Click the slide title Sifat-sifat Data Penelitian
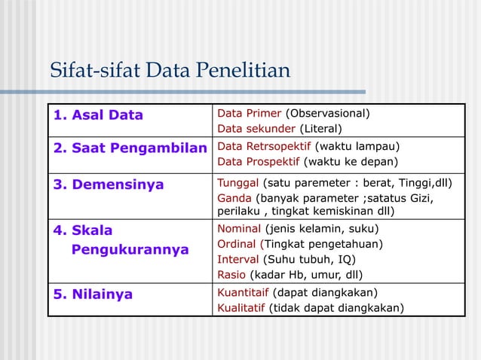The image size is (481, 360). pyautogui.click(x=170, y=72)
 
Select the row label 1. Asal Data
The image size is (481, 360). pyautogui.click(x=98, y=115)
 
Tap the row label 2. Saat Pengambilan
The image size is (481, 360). pyautogui.click(x=129, y=147)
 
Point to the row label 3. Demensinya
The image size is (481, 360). pyautogui.click(x=108, y=185)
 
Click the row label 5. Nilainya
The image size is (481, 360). pyautogui.click(x=93, y=294)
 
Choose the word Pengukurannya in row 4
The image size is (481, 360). pyautogui.click(x=130, y=249)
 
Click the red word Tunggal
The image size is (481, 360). pyautogui.click(x=238, y=183)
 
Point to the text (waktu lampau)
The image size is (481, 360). pyautogui.click(x=357, y=146)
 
